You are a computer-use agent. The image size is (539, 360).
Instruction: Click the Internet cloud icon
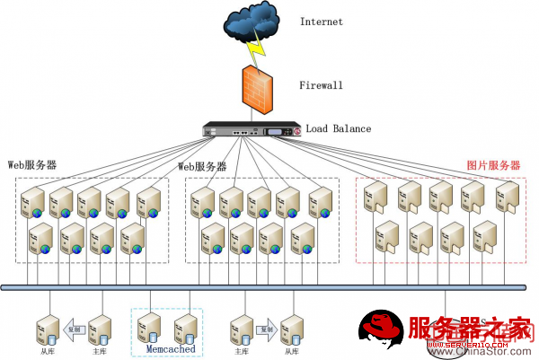coord(253,23)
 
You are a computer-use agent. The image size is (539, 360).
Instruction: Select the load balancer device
coord(254,131)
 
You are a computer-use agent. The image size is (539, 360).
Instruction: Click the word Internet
coord(321,22)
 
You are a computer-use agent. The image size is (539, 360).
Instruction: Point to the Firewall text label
coord(321,86)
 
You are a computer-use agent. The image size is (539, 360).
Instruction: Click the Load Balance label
coord(338,129)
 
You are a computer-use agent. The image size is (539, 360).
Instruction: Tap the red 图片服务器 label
coord(494,166)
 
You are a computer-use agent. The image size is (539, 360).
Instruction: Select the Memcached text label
coord(170,348)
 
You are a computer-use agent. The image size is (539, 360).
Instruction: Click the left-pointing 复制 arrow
coord(75,329)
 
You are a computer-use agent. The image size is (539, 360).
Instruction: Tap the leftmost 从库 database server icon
coord(46,329)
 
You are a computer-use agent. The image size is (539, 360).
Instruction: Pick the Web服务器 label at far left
coord(32,166)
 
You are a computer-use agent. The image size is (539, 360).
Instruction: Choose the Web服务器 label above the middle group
coord(202,167)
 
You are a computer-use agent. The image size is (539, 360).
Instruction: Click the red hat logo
coord(381,329)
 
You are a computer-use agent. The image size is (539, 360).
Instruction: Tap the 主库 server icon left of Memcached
coord(102,329)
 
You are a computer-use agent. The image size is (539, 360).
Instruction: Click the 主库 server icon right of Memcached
coord(241,329)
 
